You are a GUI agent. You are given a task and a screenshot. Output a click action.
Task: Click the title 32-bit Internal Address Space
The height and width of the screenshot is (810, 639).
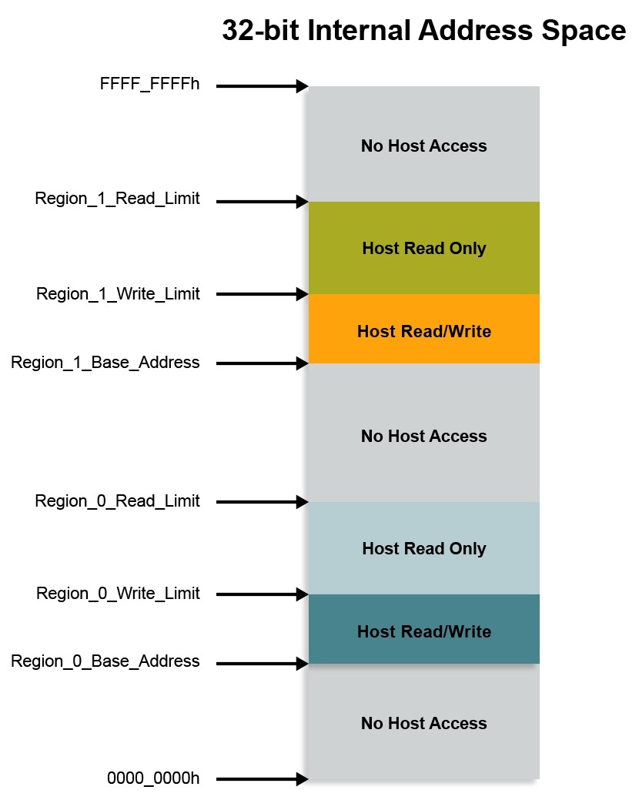tap(423, 31)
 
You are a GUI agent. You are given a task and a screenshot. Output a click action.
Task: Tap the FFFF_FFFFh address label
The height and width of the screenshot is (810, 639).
tap(149, 85)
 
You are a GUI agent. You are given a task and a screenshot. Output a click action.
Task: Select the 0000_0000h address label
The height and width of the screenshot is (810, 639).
tap(152, 778)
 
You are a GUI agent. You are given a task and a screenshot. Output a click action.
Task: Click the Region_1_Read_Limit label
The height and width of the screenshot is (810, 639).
tap(117, 199)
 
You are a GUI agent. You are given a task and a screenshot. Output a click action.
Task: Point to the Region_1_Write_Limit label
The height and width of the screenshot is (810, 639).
tap(118, 294)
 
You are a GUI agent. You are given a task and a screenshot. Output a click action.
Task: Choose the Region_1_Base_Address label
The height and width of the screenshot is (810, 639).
tap(105, 363)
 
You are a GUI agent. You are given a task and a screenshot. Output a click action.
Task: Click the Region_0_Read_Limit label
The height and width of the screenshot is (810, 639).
tap(117, 501)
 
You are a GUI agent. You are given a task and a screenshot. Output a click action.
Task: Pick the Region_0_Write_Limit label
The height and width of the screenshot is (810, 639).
tap(118, 594)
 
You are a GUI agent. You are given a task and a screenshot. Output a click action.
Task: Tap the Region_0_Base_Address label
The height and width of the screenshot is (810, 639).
tap(105, 661)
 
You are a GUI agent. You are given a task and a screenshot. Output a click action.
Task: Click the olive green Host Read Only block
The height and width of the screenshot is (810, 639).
tap(423, 248)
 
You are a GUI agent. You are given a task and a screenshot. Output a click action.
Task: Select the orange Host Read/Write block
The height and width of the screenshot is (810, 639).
tap(423, 331)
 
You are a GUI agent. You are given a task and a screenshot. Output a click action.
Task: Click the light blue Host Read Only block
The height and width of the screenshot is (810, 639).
tap(423, 548)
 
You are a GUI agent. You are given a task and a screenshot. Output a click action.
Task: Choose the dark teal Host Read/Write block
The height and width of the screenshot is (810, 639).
tap(423, 631)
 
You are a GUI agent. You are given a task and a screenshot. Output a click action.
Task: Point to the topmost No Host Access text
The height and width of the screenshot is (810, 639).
tap(423, 146)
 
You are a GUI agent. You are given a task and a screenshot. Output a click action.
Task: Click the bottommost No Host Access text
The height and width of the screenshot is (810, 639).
tap(423, 723)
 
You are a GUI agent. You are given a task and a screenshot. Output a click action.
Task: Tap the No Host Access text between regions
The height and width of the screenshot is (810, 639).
tap(423, 436)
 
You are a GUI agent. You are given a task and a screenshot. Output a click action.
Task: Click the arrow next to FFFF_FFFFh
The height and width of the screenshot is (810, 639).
tap(262, 86)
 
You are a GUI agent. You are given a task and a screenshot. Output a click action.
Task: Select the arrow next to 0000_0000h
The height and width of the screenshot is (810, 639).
tap(262, 779)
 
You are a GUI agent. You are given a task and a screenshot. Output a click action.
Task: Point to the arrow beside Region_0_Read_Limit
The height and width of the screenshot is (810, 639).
tap(262, 502)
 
